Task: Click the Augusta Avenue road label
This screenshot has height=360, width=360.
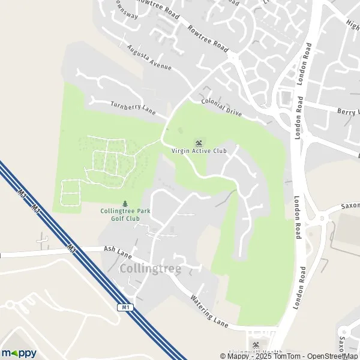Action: coord(149,57)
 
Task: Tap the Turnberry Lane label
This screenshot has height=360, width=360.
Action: coord(133,109)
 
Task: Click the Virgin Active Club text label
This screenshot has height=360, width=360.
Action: coord(199,151)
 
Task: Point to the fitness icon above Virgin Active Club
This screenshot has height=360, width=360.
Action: coord(199,143)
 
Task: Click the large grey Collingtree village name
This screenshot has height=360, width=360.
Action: coord(150,269)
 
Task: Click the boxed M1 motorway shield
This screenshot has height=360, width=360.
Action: coord(124,307)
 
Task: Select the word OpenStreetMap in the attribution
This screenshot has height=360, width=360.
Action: coord(333,356)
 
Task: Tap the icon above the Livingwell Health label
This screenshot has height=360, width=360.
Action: coord(256,344)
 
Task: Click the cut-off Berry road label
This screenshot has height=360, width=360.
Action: coord(348,112)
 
